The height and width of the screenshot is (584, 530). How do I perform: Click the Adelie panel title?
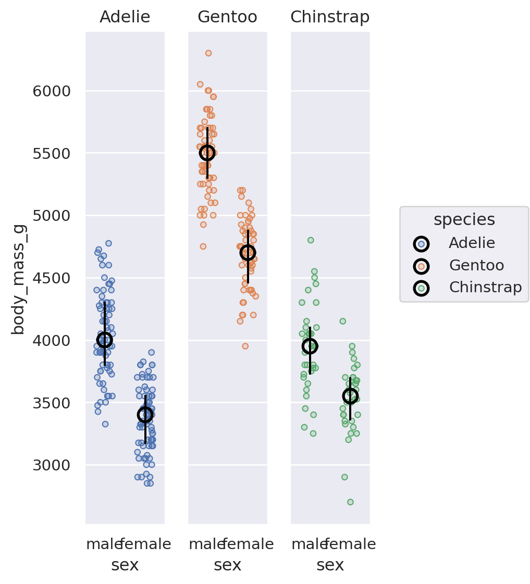click(125, 17)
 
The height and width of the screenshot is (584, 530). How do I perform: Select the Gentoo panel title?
click(227, 17)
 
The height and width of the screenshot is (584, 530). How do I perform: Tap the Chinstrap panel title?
click(330, 17)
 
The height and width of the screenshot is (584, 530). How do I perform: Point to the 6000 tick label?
click(52, 91)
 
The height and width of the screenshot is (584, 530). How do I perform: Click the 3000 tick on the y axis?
click(52, 465)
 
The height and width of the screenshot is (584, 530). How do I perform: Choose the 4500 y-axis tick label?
click(52, 278)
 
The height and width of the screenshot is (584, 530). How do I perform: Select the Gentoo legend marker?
click(421, 266)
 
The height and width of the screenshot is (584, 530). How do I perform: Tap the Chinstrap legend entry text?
click(485, 288)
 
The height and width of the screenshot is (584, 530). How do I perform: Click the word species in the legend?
click(464, 220)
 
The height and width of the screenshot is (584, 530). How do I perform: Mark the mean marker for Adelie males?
click(105, 340)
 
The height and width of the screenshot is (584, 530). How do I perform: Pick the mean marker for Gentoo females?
click(248, 253)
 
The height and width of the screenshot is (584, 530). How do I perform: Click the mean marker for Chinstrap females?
click(350, 396)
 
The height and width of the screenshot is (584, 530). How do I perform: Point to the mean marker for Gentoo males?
click(207, 153)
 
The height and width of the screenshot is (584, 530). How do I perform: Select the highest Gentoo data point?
click(208, 53)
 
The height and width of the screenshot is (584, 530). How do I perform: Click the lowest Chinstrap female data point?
click(350, 502)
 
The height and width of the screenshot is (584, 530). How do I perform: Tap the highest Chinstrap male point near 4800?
click(311, 240)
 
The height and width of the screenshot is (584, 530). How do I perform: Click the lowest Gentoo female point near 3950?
click(245, 346)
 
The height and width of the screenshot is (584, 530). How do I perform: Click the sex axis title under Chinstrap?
click(330, 565)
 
